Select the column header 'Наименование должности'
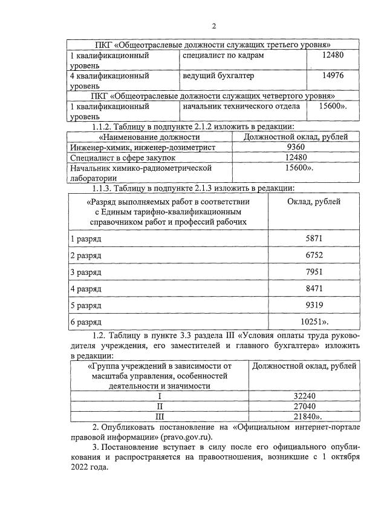click(144, 137)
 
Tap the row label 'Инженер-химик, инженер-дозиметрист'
click(142, 147)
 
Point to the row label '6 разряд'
click(86, 321)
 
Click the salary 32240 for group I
click(305, 396)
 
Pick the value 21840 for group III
click(304, 417)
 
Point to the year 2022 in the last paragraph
click(82, 468)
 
